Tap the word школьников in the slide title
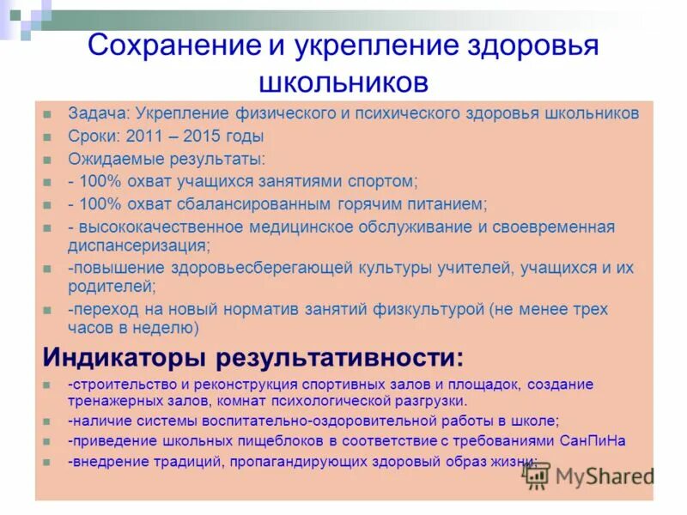[x=343, y=83]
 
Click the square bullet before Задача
[x=49, y=113]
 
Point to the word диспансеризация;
[x=138, y=245]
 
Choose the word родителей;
[x=112, y=286]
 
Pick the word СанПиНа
[x=594, y=441]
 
